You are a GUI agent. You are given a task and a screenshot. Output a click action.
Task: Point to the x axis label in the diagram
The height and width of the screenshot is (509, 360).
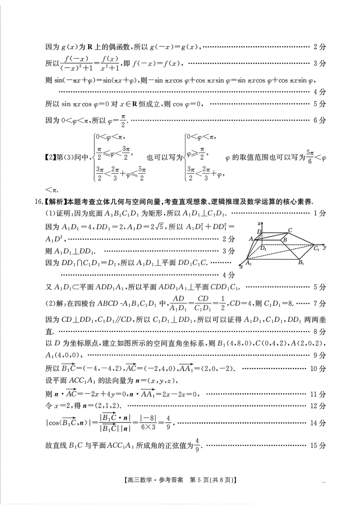point(241,267)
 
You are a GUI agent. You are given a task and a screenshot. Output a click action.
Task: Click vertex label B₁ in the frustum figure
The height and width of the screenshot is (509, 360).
point(301,263)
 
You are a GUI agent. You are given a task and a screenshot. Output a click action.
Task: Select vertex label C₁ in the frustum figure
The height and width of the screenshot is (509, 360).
point(316,248)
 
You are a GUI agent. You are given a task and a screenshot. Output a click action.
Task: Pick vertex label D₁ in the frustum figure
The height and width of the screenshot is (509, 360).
point(263,248)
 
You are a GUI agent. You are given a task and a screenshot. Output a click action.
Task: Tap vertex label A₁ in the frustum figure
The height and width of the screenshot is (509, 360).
point(248,263)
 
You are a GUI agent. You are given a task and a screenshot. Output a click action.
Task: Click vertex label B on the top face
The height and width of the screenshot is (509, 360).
point(285,239)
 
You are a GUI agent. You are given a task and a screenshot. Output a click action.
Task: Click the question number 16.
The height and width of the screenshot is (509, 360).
point(38,202)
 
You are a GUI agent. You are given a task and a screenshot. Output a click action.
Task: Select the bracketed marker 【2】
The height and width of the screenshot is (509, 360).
point(50,157)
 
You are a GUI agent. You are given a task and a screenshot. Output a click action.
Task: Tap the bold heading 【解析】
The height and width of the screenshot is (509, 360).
point(55,202)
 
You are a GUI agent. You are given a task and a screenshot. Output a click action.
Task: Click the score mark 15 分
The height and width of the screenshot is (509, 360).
point(318,445)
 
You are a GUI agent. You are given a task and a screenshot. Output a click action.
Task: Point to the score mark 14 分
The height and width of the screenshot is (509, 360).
point(318,423)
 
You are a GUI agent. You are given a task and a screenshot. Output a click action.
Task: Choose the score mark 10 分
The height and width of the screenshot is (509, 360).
point(318,368)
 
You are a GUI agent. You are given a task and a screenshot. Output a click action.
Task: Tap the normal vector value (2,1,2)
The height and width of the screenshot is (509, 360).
point(106,406)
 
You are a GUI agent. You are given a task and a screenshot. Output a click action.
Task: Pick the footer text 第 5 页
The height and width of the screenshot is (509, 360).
point(199,480)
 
